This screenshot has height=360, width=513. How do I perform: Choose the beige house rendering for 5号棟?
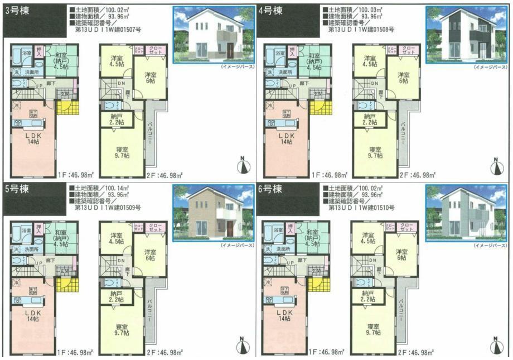click(x=212, y=212)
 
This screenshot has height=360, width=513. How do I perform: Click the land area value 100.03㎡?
click(x=372, y=10)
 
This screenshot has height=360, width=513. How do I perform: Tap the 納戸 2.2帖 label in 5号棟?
click(x=118, y=296)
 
